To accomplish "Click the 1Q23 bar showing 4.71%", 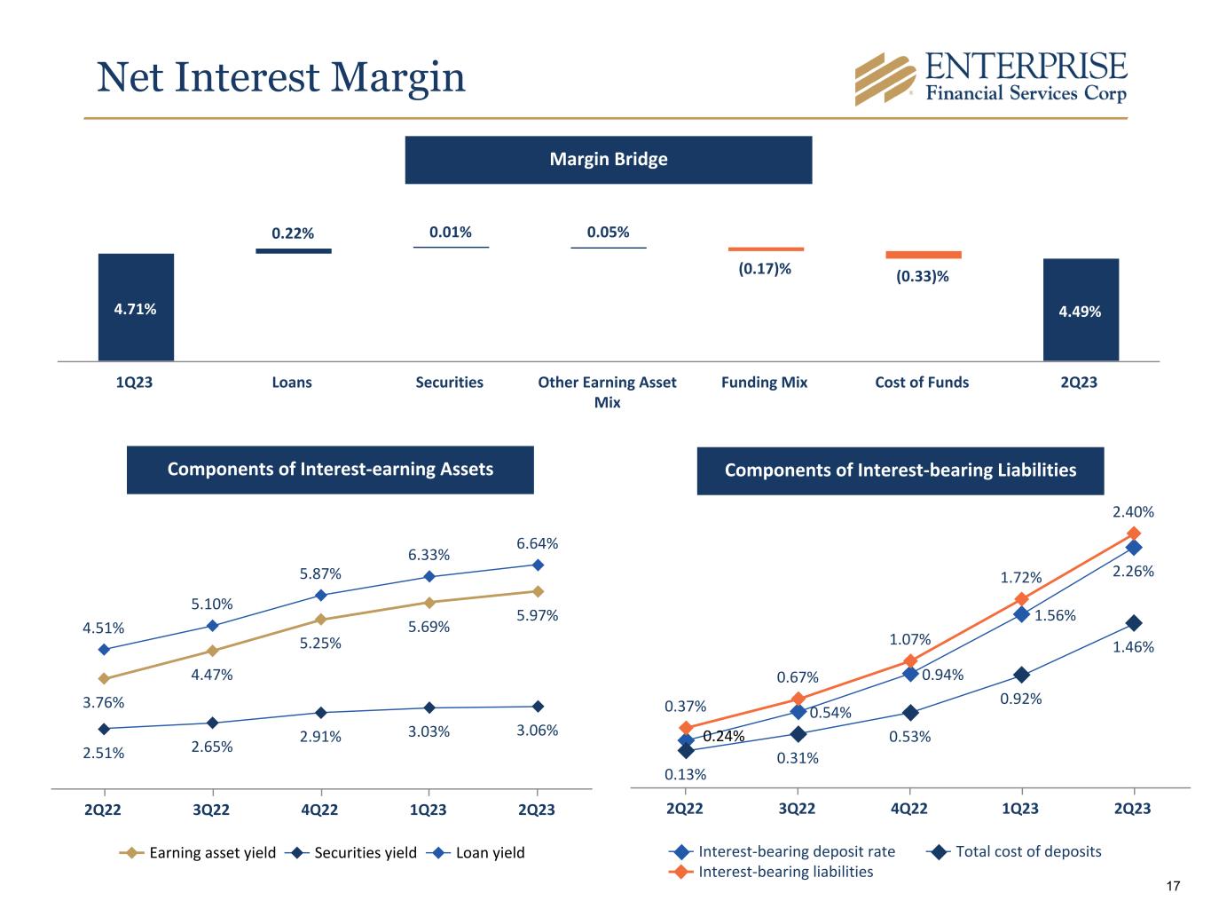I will coord(136,307).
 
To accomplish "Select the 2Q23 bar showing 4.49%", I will coord(1080,310).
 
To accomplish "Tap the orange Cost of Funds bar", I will coord(923,255).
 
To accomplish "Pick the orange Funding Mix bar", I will coord(766,249).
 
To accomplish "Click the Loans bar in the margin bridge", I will coord(293,251).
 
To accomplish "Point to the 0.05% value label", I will coord(608,233).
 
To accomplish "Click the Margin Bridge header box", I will coord(608,160).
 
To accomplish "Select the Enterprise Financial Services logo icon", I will coord(884,79).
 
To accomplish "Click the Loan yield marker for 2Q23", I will coord(538,565).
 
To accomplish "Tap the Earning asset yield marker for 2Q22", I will coord(104,678).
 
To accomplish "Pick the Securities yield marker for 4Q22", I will coord(320,713).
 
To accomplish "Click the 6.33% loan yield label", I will coord(429,555).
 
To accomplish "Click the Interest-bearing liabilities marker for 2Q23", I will coord(1133,533).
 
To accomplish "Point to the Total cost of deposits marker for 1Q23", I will coord(1021,675).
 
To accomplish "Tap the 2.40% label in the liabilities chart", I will coord(1133,512).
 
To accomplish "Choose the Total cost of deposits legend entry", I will coord(1015,851).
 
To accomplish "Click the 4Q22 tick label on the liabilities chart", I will coord(908,808).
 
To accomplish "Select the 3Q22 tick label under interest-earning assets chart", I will coord(211,810).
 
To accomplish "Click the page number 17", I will coord(1173,886).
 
